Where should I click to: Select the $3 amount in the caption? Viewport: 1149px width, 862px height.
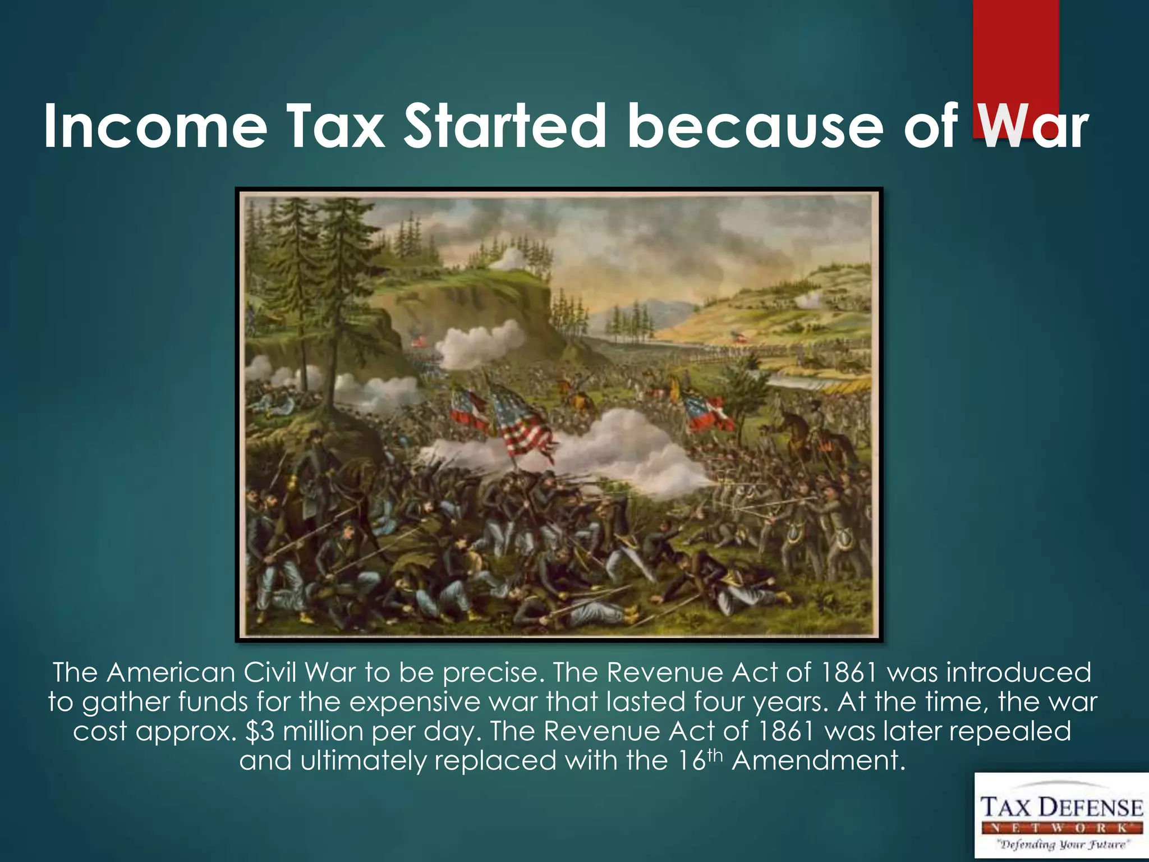click(260, 731)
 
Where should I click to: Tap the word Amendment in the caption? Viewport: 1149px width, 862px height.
click(819, 760)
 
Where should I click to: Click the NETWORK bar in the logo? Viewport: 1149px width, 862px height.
click(1062, 828)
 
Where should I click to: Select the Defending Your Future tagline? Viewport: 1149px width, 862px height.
click(1062, 844)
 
